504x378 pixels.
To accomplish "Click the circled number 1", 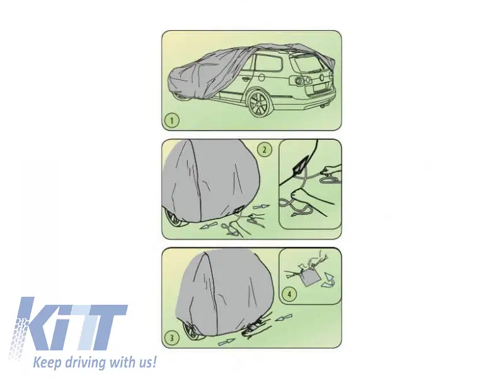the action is pos(171,120).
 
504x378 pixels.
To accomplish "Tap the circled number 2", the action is pos(265,149).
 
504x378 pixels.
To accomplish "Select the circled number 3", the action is pos(171,338).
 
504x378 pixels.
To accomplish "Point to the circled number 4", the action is pos(289,294).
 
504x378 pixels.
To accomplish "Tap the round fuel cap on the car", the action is pos(261,77).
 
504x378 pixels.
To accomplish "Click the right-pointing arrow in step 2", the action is pos(261,207).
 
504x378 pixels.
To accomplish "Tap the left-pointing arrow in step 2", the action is pos(209,226).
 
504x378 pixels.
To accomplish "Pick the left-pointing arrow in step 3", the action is pos(284,318).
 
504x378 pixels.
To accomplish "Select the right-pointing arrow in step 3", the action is pos(226,342).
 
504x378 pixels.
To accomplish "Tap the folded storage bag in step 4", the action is pos(308,277).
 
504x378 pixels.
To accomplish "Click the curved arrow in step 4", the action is pos(329,279).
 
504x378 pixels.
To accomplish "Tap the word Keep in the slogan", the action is pos(48,362).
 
